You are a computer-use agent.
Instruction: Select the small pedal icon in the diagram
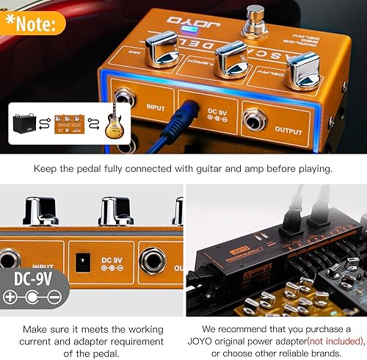(x=70, y=123)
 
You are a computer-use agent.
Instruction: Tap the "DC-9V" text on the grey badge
(x=34, y=279)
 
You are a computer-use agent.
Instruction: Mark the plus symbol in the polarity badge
(x=10, y=297)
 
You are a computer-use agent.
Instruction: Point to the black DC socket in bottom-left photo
(x=84, y=260)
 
